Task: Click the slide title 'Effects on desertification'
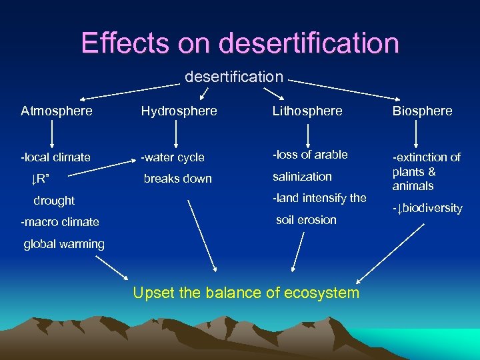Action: click(x=240, y=43)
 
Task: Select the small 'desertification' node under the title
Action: click(x=234, y=77)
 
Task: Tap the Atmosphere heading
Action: click(x=57, y=111)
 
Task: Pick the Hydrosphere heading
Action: click(x=179, y=111)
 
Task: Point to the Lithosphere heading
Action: click(x=307, y=111)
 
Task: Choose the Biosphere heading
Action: click(x=422, y=111)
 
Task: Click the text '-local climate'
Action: click(x=55, y=157)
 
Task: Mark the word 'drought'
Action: click(x=54, y=201)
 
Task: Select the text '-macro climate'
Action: click(x=60, y=222)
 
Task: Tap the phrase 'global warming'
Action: click(x=64, y=244)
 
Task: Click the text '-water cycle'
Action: click(x=173, y=158)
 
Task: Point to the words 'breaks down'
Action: click(x=178, y=179)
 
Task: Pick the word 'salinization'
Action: click(x=302, y=177)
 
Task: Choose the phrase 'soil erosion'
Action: click(x=306, y=219)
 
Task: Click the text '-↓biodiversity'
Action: click(x=427, y=208)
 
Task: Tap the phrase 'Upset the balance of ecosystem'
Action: click(x=246, y=292)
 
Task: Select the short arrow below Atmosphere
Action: click(x=52, y=134)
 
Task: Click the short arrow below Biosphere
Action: click(x=416, y=134)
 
